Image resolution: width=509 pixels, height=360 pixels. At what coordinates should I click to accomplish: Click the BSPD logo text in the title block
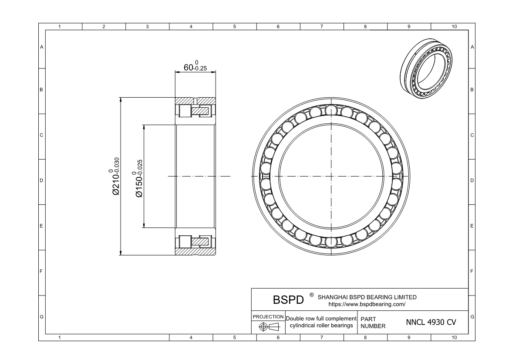point(288,299)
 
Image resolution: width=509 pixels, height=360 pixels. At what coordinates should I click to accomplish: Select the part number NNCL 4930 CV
point(431,322)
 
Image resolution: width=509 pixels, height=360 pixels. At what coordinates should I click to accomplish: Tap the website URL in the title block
point(367,305)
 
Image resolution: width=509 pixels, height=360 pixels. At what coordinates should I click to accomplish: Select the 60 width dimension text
point(195,66)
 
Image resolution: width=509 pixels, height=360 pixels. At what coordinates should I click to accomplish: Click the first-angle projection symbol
point(269,327)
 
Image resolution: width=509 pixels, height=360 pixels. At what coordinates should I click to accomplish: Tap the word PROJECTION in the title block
point(268,317)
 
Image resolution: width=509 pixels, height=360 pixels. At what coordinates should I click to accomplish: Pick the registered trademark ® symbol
point(312,295)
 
